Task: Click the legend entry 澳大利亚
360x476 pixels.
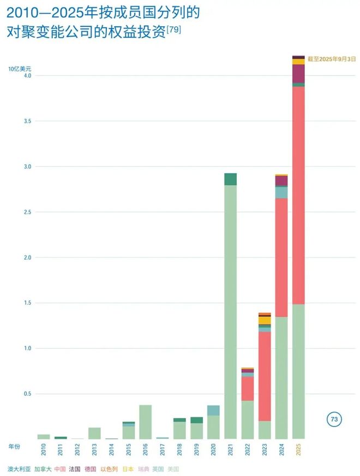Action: (19, 469)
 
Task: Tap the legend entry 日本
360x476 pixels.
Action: (128, 469)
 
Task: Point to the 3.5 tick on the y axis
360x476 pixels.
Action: (26, 121)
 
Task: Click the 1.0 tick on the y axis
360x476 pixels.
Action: (26, 348)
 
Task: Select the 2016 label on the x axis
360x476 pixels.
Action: (146, 450)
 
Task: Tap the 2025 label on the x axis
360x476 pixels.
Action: (299, 450)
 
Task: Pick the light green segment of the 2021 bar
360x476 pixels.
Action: (231, 311)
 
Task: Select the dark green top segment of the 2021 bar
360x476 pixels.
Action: (231, 179)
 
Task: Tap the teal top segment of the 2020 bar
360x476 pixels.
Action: (213, 410)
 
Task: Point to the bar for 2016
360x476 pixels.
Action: (146, 421)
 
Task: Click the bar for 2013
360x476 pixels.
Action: (94, 433)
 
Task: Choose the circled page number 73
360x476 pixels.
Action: (334, 419)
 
